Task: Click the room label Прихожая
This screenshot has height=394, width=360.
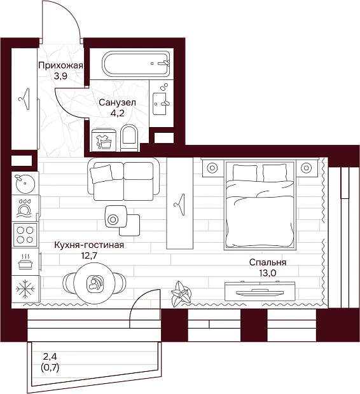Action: tap(60, 65)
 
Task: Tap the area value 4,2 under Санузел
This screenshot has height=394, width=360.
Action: tap(118, 113)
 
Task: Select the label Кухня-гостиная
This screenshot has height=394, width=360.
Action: tap(89, 245)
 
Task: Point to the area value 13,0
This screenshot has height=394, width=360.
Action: tap(268, 273)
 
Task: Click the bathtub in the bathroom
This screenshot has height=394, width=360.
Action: tap(136, 64)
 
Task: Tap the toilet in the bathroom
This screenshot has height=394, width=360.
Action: tap(129, 138)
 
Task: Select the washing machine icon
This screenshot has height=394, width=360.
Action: tap(104, 140)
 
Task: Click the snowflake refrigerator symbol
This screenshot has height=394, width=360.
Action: tap(25, 289)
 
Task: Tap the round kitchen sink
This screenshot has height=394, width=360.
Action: tap(25, 184)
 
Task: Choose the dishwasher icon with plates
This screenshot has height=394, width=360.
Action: tap(24, 208)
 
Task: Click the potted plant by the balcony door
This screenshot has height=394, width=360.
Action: tap(179, 293)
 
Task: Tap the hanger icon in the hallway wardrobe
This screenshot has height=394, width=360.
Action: tap(24, 98)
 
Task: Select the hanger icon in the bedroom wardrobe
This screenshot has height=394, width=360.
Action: tap(179, 204)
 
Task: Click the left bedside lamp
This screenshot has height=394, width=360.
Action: tap(212, 167)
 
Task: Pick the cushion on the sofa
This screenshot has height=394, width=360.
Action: tap(101, 173)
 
